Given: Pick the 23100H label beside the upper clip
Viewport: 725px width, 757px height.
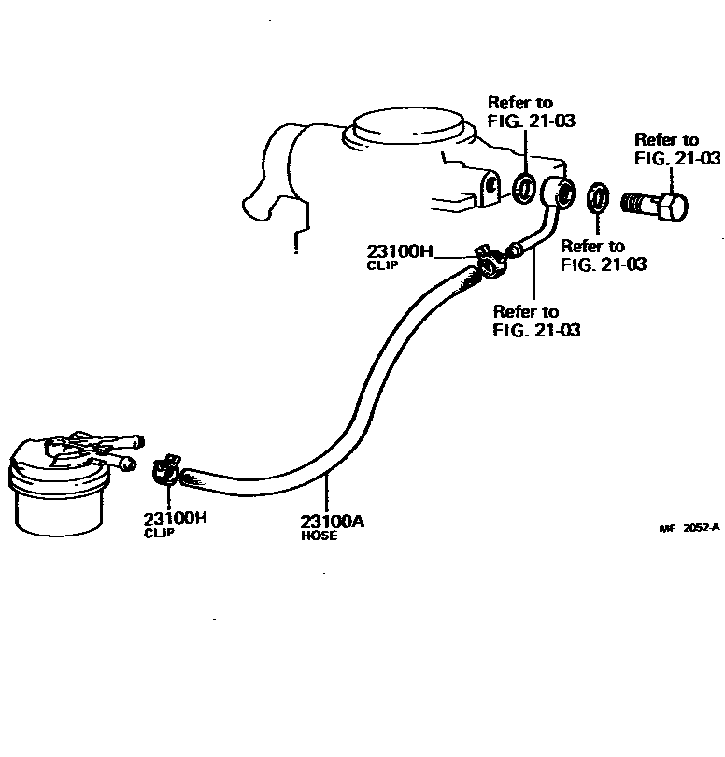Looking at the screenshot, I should [399, 250].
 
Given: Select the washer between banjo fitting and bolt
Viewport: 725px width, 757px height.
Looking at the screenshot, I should [596, 199].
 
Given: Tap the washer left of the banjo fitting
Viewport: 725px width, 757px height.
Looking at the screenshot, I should [525, 187].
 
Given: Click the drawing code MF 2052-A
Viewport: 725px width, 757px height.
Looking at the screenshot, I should [689, 527].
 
